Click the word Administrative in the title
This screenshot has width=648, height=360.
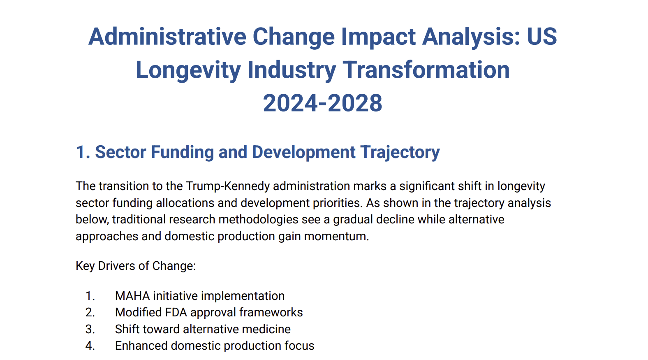pyautogui.click(x=167, y=37)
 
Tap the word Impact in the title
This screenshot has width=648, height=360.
pyautogui.click(x=378, y=37)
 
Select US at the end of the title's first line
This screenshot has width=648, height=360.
pyautogui.click(x=542, y=37)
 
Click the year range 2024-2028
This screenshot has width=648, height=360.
pyautogui.click(x=322, y=103)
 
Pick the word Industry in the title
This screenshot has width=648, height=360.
pyautogui.click(x=292, y=70)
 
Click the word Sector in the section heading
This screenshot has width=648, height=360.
pyautogui.click(x=120, y=152)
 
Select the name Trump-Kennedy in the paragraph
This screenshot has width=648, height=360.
pyautogui.click(x=228, y=186)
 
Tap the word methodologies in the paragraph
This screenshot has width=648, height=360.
pyautogui.click(x=258, y=219)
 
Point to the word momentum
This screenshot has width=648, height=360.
pyautogui.click(x=336, y=236)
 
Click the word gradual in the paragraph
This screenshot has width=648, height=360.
pyautogui.click(x=353, y=219)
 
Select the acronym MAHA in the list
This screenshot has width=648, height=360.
pyautogui.click(x=132, y=296)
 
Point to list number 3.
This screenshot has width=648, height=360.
pyautogui.click(x=90, y=329)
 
